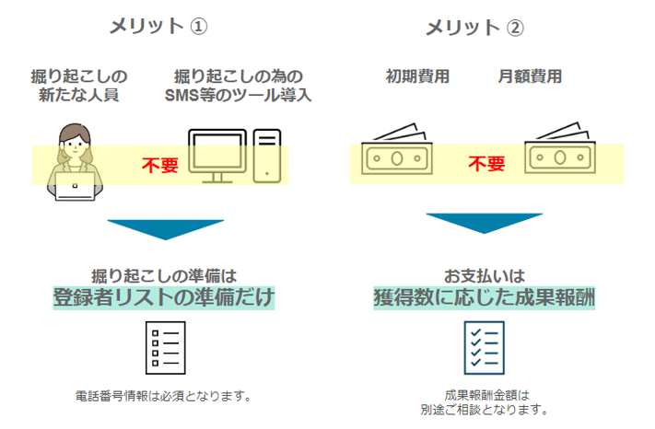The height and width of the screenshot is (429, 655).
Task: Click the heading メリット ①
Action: coord(158,26)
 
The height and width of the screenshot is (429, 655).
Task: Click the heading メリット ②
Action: coord(474,28)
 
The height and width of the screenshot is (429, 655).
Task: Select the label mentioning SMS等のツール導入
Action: coord(237,85)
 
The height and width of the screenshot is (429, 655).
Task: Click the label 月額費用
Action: coord(530,76)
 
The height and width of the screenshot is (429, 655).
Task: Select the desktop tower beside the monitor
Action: coord(267,155)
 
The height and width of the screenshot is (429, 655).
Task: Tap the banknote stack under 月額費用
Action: coord(560,151)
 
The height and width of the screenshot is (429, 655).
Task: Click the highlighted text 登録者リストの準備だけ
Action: coord(164,297)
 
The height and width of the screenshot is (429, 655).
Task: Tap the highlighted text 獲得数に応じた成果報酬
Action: coord(484,297)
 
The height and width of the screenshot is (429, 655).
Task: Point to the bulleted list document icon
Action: coord(166,347)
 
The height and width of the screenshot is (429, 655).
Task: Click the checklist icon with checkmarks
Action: coord(483,347)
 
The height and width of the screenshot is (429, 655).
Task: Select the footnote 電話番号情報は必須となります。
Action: coord(163,397)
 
